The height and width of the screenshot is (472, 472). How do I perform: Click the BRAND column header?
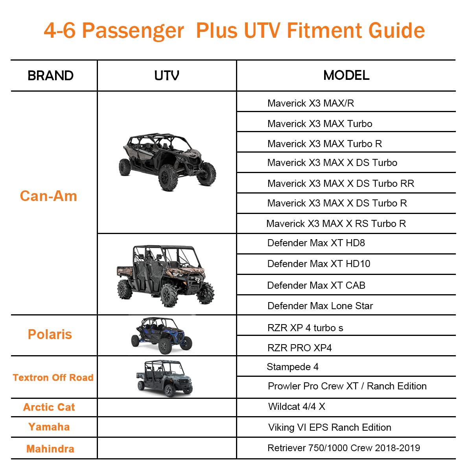[50, 76]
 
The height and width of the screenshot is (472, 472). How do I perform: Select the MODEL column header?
[346, 75]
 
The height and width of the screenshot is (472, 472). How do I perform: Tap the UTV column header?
[166, 76]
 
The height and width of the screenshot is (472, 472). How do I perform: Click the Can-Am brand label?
[48, 196]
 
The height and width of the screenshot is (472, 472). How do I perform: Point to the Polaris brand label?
[50, 334]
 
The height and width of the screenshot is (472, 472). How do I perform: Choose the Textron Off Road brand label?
[53, 378]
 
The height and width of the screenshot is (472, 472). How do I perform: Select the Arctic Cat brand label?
[49, 407]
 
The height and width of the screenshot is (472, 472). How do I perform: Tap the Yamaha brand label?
[49, 427]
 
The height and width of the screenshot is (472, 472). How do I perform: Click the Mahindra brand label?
[50, 449]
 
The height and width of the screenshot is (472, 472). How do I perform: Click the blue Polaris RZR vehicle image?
[162, 336]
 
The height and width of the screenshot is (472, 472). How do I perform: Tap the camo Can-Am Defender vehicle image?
[166, 276]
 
